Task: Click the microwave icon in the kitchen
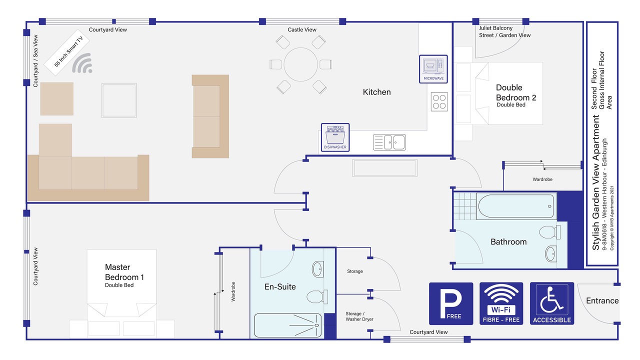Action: tap(433, 69)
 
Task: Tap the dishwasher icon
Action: tap(335, 137)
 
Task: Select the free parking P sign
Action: tap(451, 303)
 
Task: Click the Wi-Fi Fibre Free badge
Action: tap(501, 303)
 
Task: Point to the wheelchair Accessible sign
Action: tap(552, 303)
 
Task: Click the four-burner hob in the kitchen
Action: tap(439, 101)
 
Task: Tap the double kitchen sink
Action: tap(389, 142)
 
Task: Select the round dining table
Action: tap(301, 64)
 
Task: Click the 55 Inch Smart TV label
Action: tap(68, 51)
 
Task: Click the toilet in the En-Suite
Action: tap(317, 296)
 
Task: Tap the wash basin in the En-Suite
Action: tap(317, 269)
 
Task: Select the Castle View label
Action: tap(302, 29)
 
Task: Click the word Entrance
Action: tap(602, 300)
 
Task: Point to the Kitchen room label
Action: tap(376, 92)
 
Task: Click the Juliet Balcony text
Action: tap(495, 28)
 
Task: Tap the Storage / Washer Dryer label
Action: tap(359, 316)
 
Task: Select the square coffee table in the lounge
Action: tap(119, 100)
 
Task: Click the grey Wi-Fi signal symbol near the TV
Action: tap(82, 63)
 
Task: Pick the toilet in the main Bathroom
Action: tap(549, 231)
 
